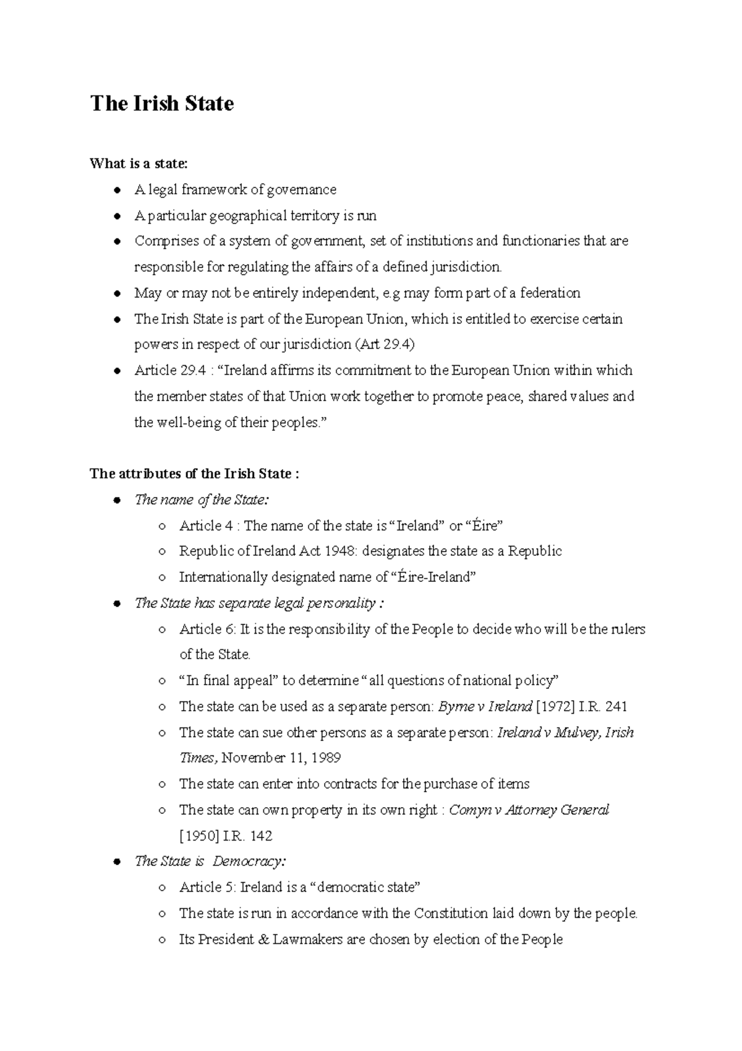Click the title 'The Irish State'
tap(162, 103)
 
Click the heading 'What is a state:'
tap(138, 163)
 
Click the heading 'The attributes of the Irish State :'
tap(194, 474)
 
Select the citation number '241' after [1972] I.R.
tap(616, 706)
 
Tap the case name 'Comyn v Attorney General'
tap(529, 810)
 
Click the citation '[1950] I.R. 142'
tap(226, 836)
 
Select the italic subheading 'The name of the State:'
tap(202, 500)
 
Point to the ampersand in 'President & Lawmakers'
tap(263, 939)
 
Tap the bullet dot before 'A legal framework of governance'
tap(116, 190)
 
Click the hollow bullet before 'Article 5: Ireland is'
tap(161, 888)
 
